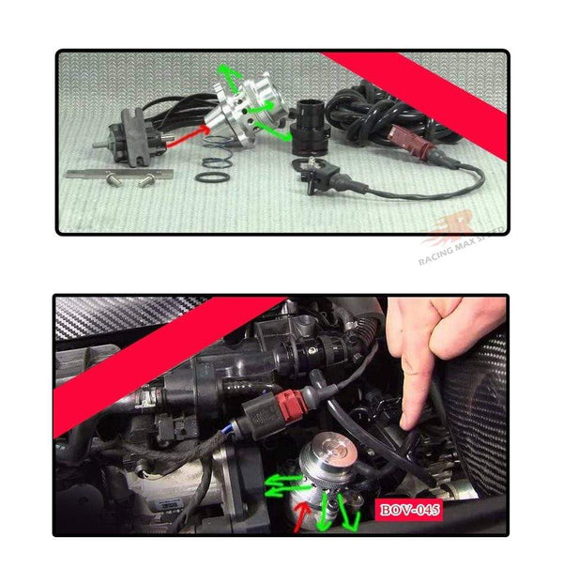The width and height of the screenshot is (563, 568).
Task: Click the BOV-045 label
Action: coord(408,512)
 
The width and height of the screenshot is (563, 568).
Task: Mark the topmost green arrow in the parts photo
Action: coord(227,72)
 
